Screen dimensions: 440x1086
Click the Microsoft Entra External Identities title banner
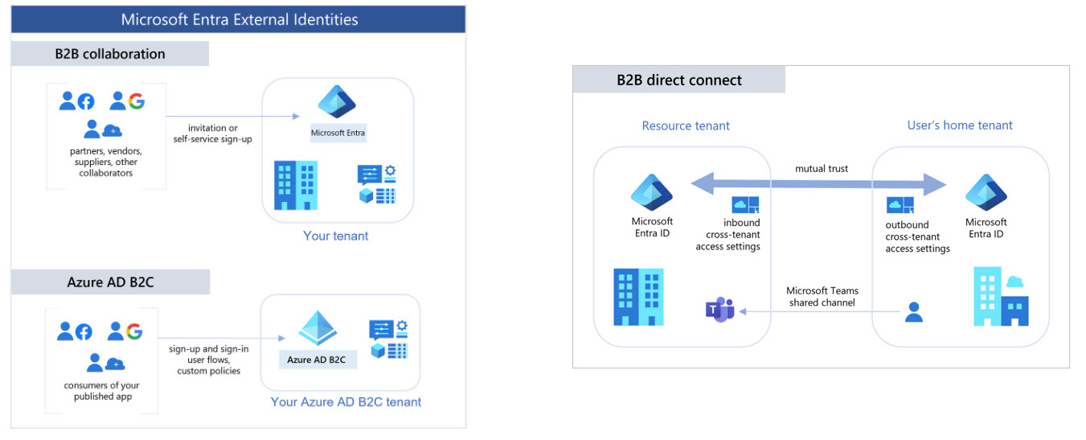click(239, 19)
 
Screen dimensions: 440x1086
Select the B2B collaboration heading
click(110, 54)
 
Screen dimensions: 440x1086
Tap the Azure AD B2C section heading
click(110, 282)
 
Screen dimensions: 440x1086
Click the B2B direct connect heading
click(679, 80)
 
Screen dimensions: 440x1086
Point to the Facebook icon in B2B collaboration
click(85, 101)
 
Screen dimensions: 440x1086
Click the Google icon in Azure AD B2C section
click(134, 331)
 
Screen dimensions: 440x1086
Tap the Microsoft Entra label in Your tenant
click(338, 133)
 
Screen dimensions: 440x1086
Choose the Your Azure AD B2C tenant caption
click(346, 401)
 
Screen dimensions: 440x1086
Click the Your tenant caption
click(336, 236)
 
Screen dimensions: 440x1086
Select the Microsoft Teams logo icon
click(719, 310)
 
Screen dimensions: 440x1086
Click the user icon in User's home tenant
click(913, 312)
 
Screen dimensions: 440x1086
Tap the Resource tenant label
click(686, 125)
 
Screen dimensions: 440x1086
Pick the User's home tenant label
click(960, 125)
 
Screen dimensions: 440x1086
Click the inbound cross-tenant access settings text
click(727, 235)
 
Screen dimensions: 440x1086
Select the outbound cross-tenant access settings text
click(917, 236)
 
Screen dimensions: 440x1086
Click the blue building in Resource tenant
click(638, 297)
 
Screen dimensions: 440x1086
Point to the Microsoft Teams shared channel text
click(822, 296)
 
